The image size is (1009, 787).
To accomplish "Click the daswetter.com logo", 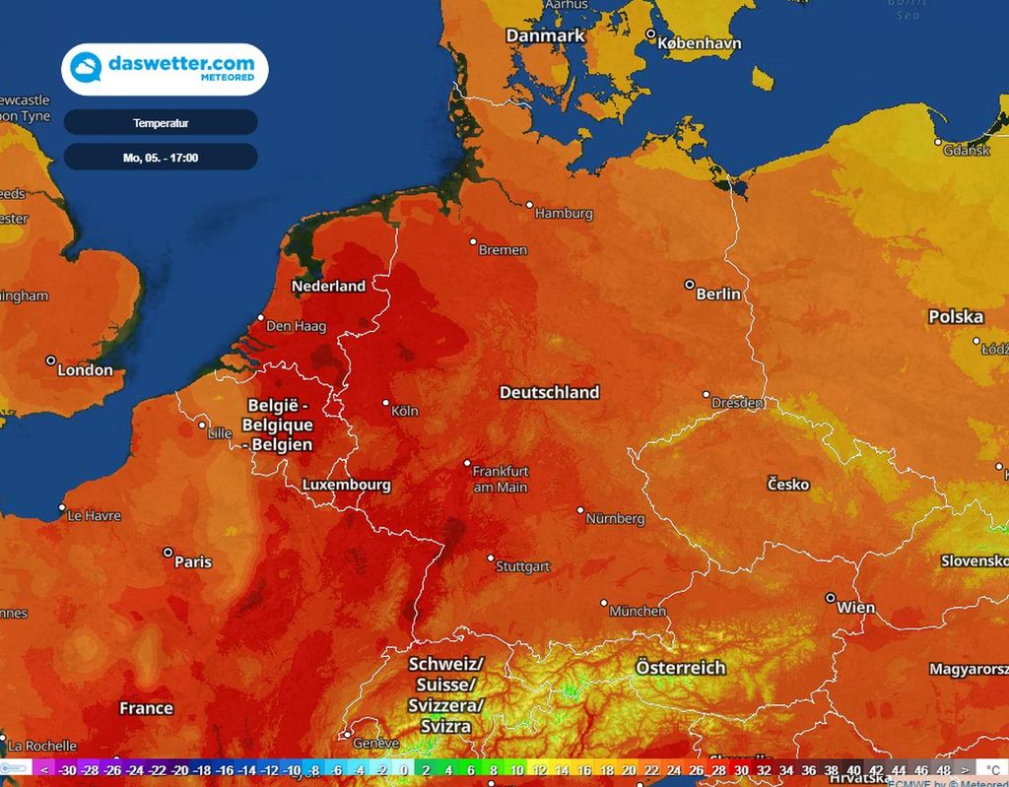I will click(x=165, y=69).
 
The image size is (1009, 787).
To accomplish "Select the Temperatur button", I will click(x=161, y=123).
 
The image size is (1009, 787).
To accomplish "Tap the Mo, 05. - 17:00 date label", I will click(x=161, y=157).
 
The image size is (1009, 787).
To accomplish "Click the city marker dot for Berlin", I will click(x=690, y=285).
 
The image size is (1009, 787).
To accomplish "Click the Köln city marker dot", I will click(x=386, y=403).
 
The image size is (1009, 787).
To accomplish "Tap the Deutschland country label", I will click(x=549, y=392).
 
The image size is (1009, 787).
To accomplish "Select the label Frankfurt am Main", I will click(x=501, y=479).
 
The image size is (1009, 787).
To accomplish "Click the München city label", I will click(x=638, y=611).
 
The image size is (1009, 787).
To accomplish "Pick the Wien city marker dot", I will click(x=831, y=598).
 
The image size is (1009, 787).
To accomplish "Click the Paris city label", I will click(x=192, y=561).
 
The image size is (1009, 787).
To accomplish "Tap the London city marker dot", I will click(x=50, y=361).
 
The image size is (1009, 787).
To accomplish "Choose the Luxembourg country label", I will click(x=346, y=485).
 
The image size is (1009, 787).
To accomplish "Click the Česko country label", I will click(x=788, y=484).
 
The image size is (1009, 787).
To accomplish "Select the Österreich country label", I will click(x=680, y=667).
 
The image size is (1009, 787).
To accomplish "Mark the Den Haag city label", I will click(x=296, y=326).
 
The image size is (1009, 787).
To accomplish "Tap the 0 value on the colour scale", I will click(x=404, y=770).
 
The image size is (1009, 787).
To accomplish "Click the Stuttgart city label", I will click(x=523, y=567).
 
